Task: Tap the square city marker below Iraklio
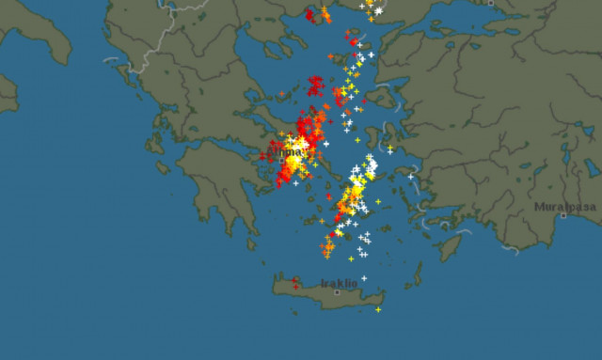tap(337, 292)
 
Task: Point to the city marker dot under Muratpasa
tap(563, 215)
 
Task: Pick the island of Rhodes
tap(451, 246)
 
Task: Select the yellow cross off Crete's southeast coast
tap(378, 309)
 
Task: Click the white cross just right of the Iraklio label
tap(364, 277)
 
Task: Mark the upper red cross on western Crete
tap(294, 279)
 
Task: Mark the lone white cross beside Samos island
tap(411, 175)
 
